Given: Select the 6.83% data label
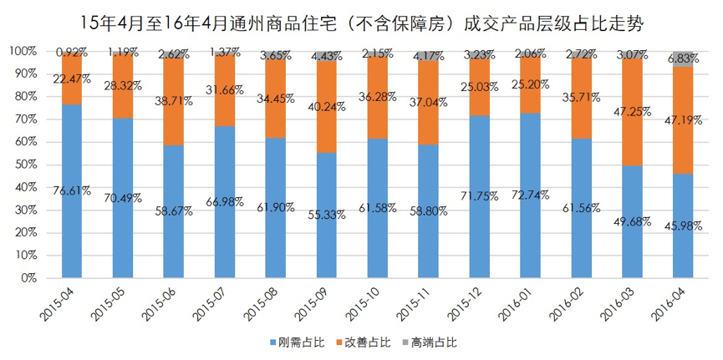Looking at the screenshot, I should [684, 58].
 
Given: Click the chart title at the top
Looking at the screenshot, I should [361, 18].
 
